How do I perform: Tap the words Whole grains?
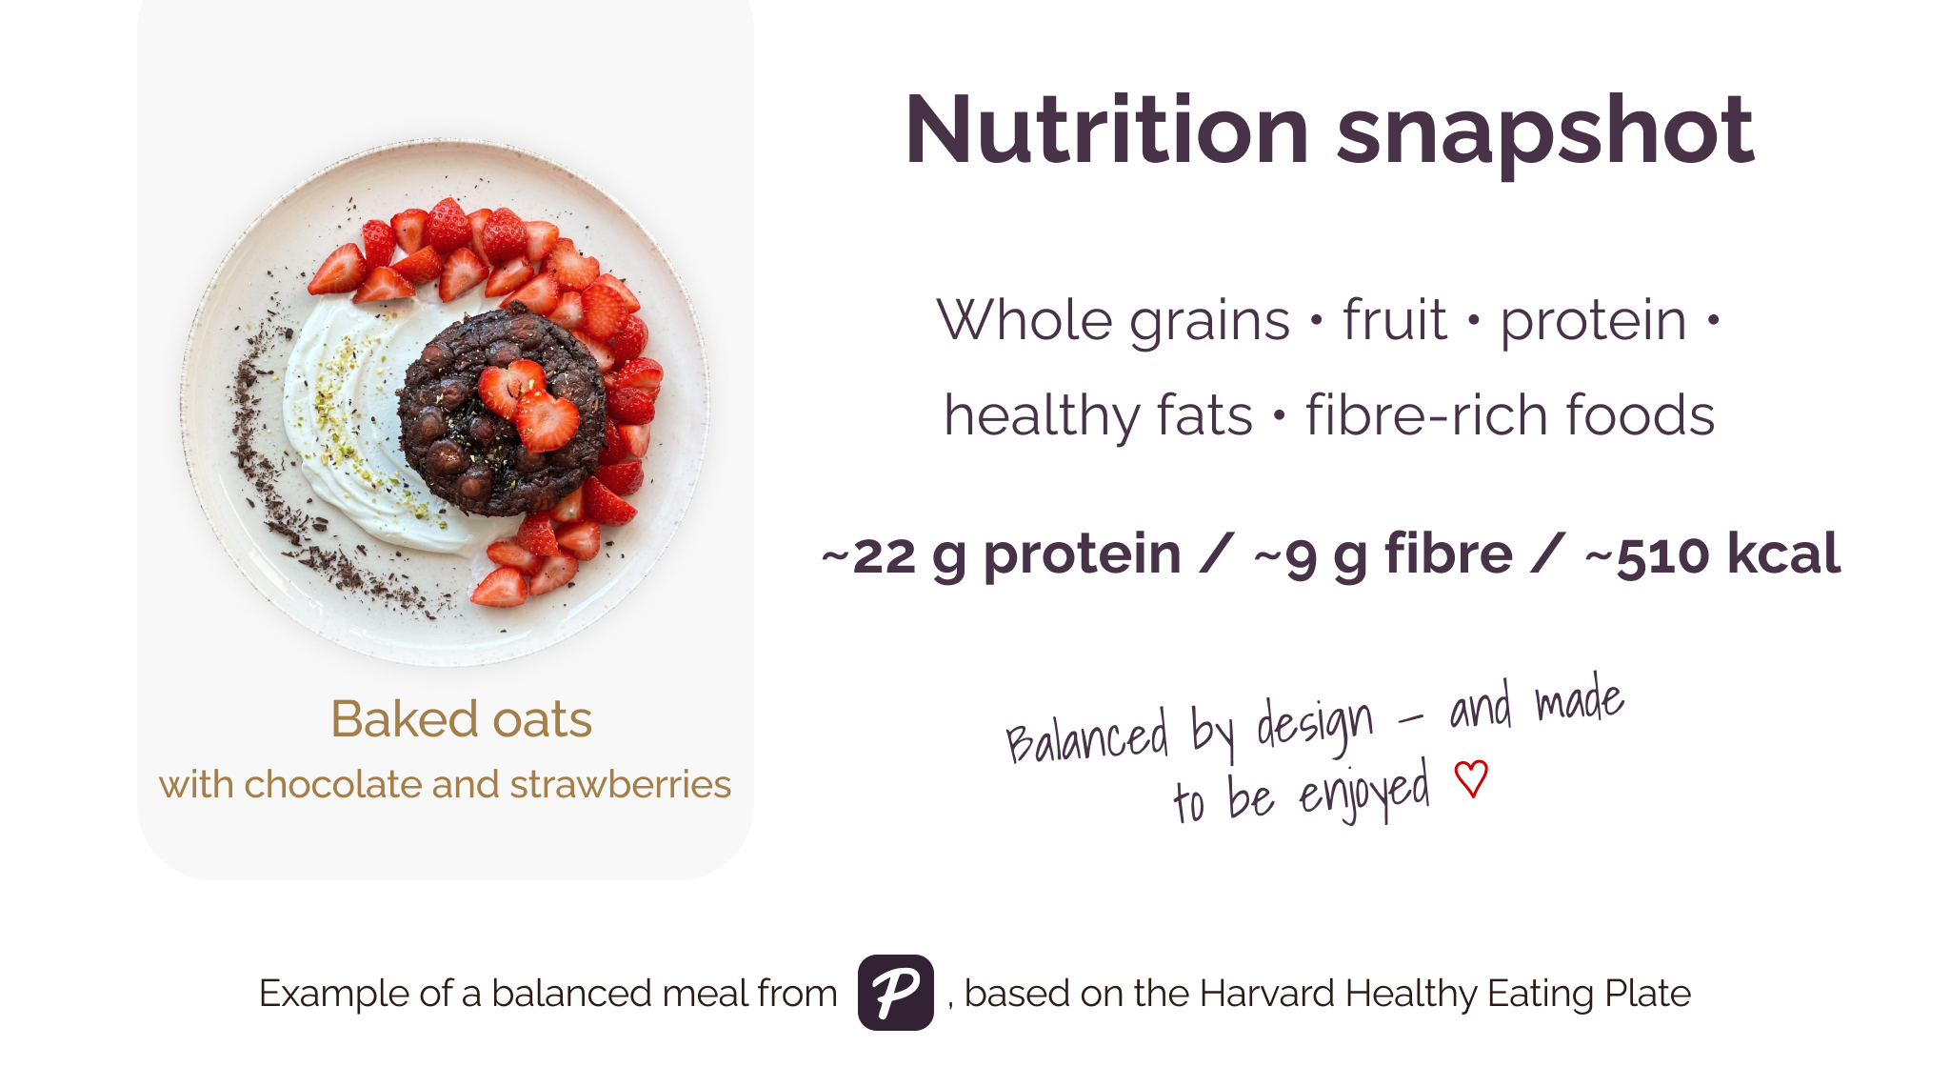coord(1112,321)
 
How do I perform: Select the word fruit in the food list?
coord(1394,321)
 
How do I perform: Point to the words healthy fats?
coord(1097,416)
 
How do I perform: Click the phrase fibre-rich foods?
coord(1510,416)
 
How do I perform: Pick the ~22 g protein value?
coord(1001,555)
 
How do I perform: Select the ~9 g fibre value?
coord(1383,555)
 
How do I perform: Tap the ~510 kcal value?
coord(1712,555)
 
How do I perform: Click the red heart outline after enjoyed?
coord(1471,779)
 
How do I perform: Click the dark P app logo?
coord(895,993)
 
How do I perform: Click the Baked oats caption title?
coord(461,719)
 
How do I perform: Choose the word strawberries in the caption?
coord(620,785)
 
